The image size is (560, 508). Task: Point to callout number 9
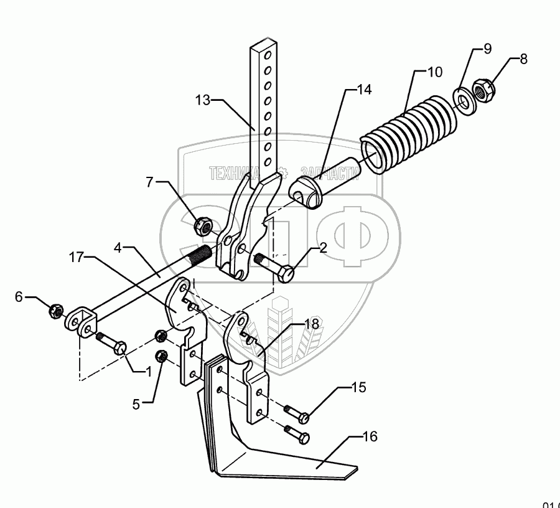487,49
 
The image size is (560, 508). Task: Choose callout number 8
523,60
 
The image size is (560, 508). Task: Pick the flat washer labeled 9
464,98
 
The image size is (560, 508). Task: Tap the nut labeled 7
203,226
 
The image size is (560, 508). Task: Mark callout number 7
149,183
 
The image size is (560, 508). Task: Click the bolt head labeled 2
287,272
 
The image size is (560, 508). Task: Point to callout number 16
369,437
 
